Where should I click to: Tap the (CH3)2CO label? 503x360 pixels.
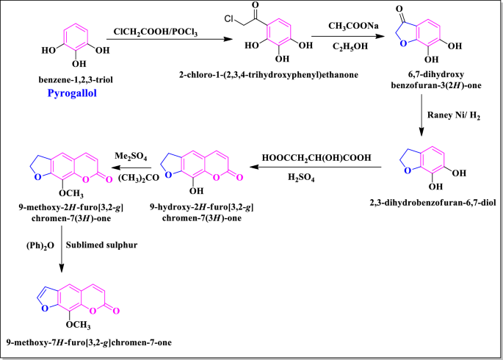(x=129, y=178)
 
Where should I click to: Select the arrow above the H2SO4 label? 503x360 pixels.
(x=318, y=168)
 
